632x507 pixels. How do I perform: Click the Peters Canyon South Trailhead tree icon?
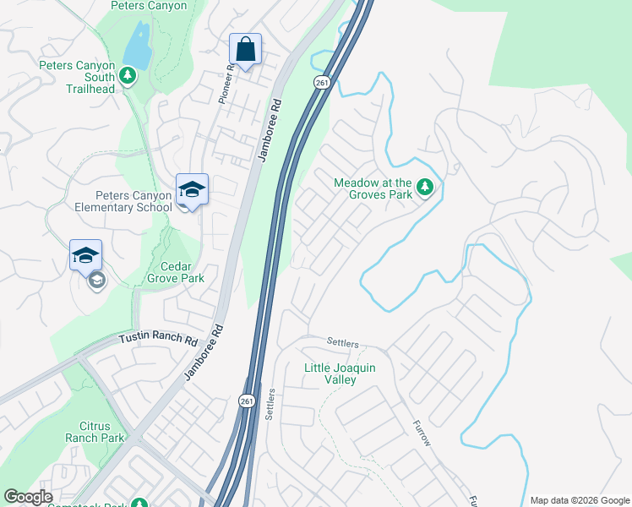128,77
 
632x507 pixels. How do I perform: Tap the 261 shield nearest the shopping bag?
320,82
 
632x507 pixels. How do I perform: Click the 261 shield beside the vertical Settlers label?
245,400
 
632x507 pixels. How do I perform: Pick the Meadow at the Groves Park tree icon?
428,188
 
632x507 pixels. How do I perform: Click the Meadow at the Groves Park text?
373,188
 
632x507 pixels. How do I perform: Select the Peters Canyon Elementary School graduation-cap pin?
192,189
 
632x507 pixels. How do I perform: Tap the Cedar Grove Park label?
175,270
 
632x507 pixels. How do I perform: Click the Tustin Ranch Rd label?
157,339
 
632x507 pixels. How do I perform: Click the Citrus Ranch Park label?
95,431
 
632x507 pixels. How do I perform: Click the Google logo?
28,497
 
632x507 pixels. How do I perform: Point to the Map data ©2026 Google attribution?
579,500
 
